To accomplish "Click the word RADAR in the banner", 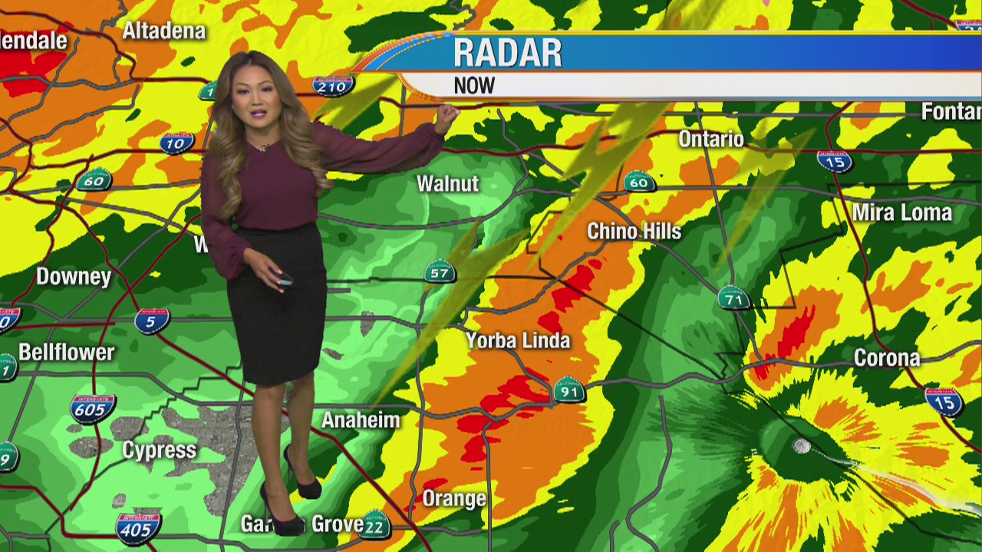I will (507, 54).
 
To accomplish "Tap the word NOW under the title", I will (474, 86).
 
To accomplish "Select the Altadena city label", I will (164, 31).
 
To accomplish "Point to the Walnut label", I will (447, 184).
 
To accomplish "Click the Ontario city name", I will (710, 140).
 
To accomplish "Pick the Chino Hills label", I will (634, 232).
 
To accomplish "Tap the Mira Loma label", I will (902, 212).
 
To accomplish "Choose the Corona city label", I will (887, 358).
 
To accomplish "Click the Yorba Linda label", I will (519, 340).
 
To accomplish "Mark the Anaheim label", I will (361, 420).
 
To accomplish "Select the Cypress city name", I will (160, 450).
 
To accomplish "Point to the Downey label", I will (74, 277).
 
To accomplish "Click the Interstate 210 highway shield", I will (332, 86).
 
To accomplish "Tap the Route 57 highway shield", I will (440, 272).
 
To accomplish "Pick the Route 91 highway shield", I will (568, 392).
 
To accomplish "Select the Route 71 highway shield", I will (734, 298).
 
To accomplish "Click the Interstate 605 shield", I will (93, 409).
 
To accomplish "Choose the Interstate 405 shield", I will (138, 528).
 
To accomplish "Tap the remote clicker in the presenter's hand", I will (282, 279).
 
